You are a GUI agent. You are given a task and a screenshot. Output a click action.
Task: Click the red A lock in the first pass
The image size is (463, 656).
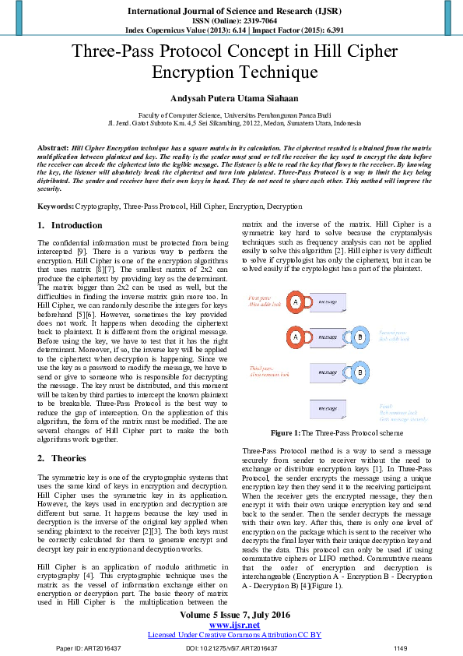click(x=296, y=302)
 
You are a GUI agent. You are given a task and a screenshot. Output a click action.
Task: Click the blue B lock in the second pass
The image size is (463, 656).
click(x=360, y=337)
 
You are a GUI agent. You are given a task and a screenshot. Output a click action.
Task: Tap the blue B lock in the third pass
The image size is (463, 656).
click(x=360, y=372)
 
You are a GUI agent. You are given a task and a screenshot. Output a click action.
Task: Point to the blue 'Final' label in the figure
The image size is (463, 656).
click(x=384, y=406)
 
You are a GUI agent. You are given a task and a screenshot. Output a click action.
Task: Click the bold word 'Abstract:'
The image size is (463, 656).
click(x=53, y=146)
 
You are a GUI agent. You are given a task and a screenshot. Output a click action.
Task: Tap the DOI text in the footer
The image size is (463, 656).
click(x=231, y=647)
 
